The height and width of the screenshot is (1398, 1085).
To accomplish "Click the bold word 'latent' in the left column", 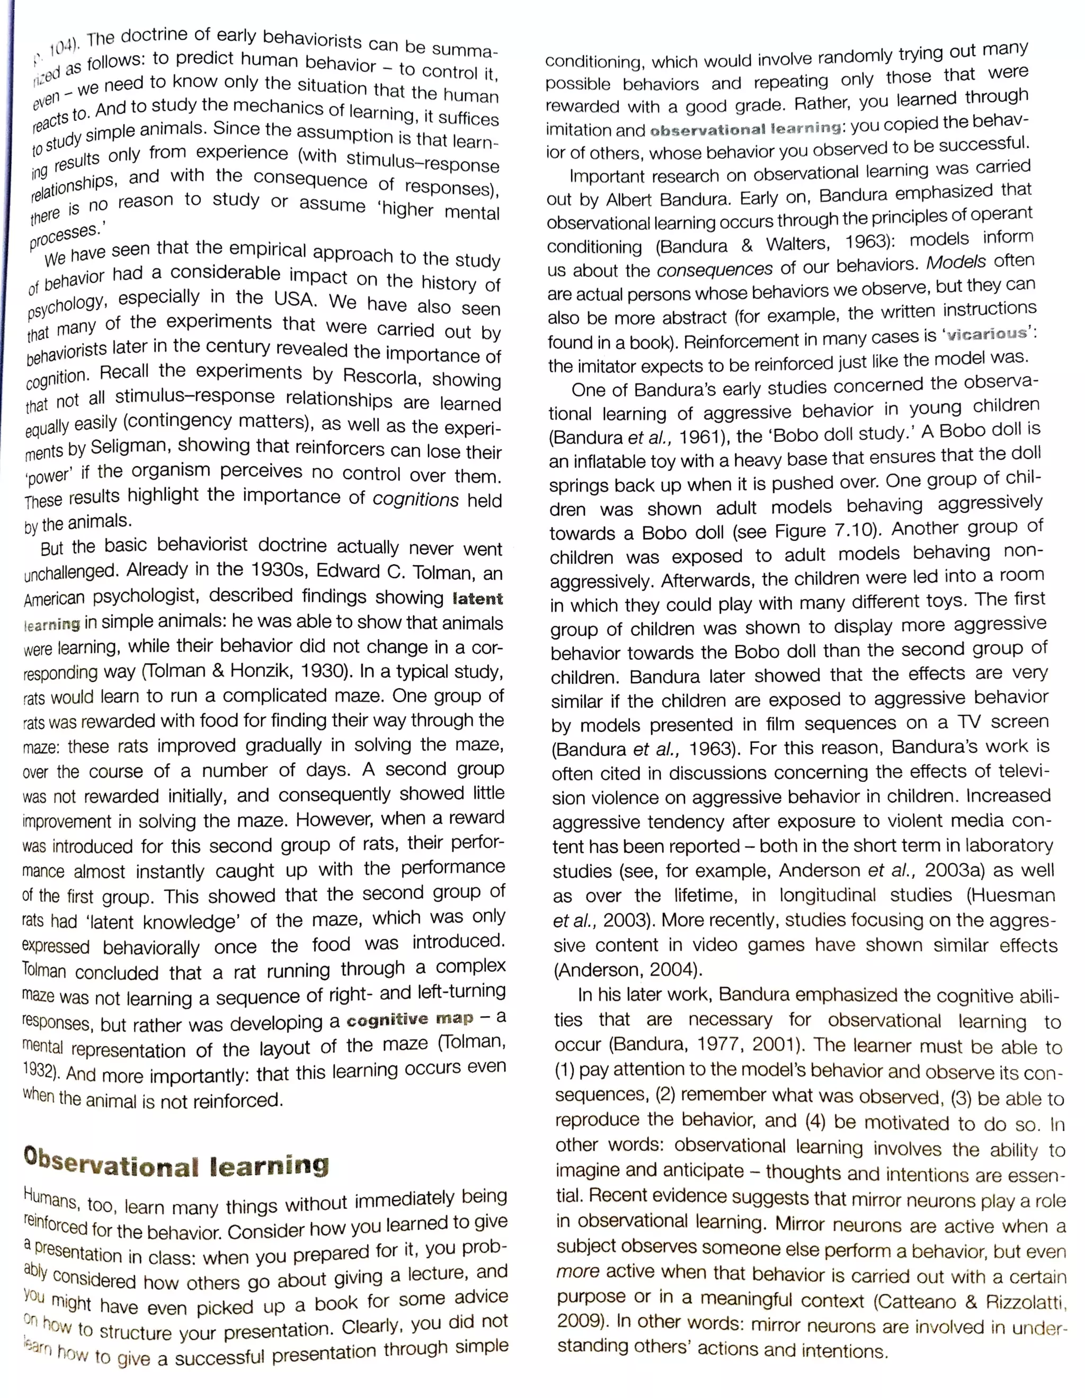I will (x=477, y=599).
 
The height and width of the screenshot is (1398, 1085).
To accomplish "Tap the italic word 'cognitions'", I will (x=416, y=499).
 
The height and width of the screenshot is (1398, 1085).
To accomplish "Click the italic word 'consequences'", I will (x=715, y=269).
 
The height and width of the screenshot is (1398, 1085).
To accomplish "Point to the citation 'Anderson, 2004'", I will (x=627, y=970).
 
